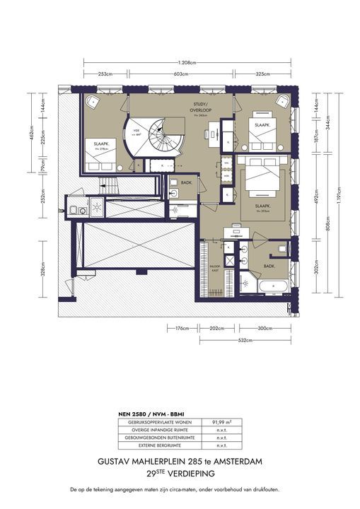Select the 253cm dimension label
tap(107, 74)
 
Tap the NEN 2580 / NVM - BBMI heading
tap(151, 411)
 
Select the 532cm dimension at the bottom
tap(245, 339)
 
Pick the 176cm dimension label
tap(181, 328)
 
